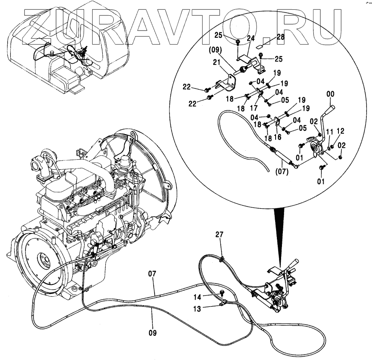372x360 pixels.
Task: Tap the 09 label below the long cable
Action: click(152, 333)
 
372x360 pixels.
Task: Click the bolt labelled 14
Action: click(222, 292)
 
